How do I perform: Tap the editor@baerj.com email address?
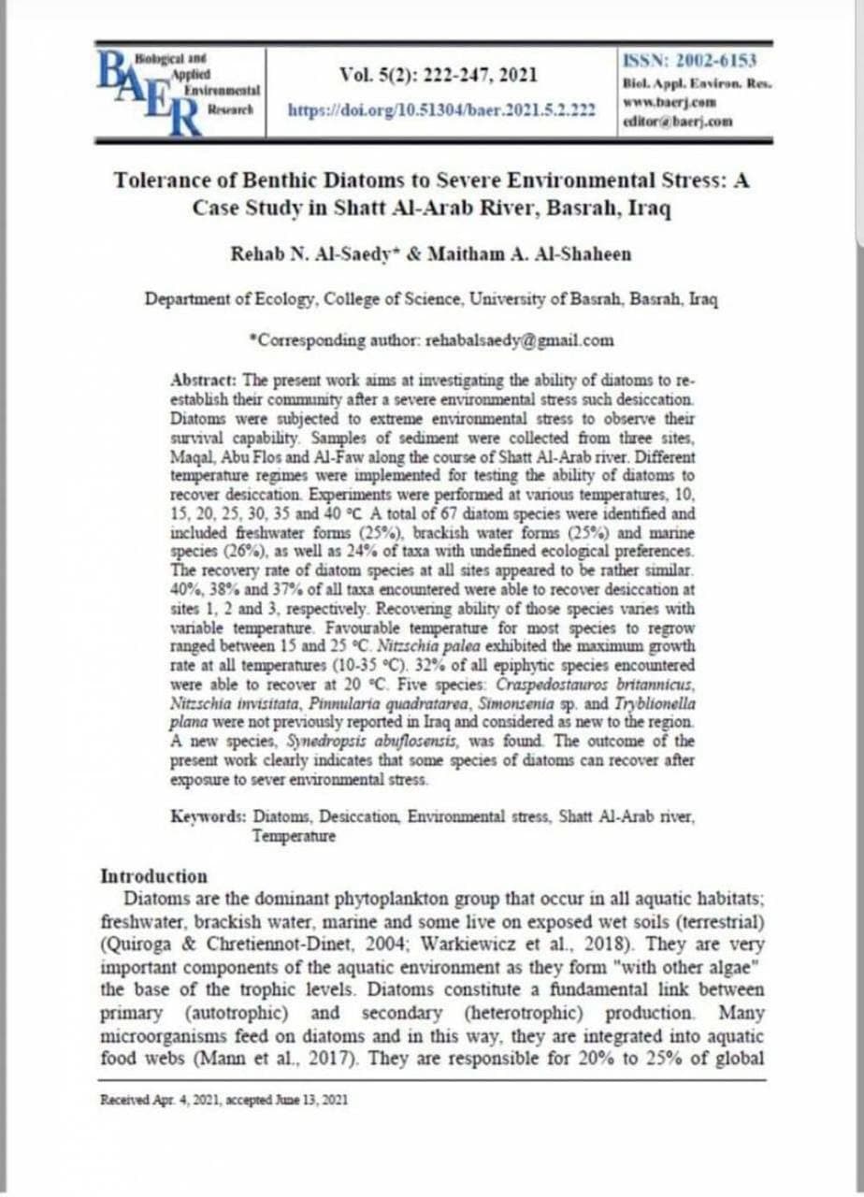pos(682,122)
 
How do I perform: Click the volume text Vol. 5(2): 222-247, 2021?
pos(439,75)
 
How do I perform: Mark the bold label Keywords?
pos(209,816)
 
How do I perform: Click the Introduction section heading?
pos(153,876)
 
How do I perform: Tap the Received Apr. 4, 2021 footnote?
pos(223,1100)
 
